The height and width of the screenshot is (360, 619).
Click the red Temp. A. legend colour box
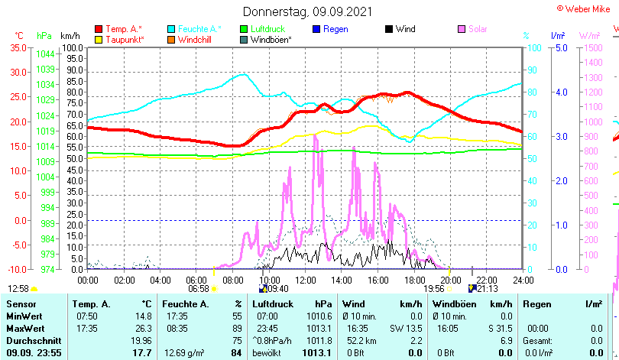pyautogui.click(x=99, y=29)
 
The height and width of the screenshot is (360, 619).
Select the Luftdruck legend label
pyautogui.click(x=269, y=29)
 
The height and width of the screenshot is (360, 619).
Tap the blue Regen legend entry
pyautogui.click(x=335, y=29)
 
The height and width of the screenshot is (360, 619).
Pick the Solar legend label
pyautogui.click(x=478, y=29)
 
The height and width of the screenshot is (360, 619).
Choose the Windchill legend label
pyautogui.click(x=196, y=39)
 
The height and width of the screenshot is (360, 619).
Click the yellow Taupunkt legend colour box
pyautogui.click(x=99, y=39)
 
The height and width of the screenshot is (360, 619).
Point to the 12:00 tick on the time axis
pyautogui.click(x=305, y=280)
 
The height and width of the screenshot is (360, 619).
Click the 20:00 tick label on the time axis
pyautogui.click(x=450, y=280)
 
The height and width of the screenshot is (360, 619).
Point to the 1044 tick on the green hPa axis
pyautogui.click(x=45, y=54)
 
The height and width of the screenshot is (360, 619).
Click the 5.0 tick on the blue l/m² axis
pyautogui.click(x=559, y=47)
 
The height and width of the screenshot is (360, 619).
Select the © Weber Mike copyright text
pyautogui.click(x=585, y=8)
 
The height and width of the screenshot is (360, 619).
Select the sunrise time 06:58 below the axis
pyautogui.click(x=199, y=289)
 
